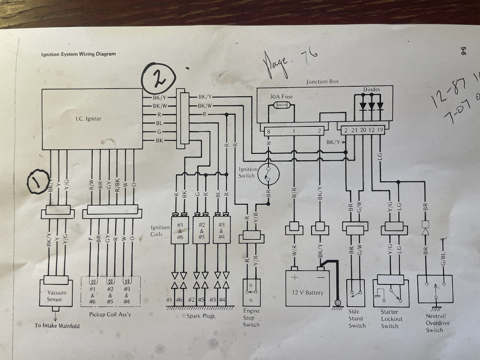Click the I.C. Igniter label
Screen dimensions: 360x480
point(88,119)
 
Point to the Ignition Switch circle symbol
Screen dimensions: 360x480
point(268,173)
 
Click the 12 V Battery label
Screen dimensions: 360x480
point(308,292)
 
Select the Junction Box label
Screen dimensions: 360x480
point(322,82)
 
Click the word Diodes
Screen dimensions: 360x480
point(371,90)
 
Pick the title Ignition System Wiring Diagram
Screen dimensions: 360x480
point(78,54)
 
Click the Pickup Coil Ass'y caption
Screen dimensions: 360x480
point(110,314)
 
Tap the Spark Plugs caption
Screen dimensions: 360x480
point(200,316)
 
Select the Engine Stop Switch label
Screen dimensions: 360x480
point(251,318)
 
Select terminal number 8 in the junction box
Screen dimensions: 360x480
point(268,131)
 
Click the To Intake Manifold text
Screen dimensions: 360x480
point(57,325)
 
